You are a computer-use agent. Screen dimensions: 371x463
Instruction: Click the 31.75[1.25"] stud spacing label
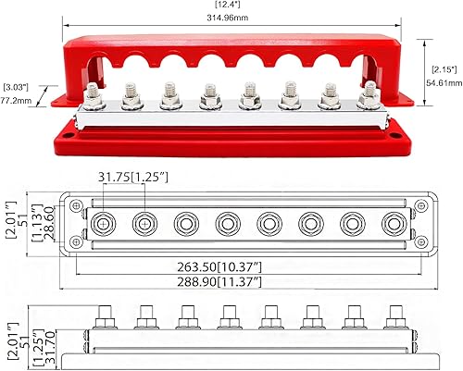click(135, 178)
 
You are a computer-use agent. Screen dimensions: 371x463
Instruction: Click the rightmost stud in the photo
click(370, 95)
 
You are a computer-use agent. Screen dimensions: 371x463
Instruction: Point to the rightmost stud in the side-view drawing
click(394, 314)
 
